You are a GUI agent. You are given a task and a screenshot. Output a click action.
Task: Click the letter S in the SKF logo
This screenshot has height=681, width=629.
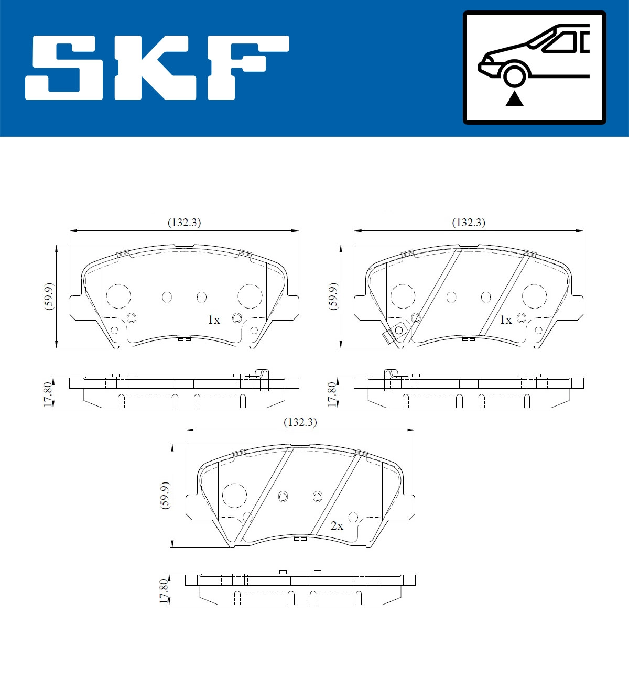[63, 68]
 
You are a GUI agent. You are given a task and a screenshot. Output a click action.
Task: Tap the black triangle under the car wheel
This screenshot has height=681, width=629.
[514, 99]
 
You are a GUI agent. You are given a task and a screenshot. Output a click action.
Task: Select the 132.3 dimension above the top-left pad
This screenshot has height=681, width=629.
[185, 223]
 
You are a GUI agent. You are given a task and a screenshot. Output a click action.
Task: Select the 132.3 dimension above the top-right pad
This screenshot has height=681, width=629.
[469, 223]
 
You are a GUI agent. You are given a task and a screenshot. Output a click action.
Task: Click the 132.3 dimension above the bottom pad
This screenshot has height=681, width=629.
[300, 422]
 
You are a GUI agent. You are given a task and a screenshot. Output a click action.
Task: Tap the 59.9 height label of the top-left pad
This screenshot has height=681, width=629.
[49, 296]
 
